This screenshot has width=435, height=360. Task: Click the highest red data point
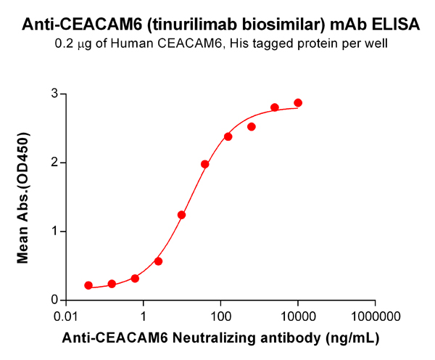298,103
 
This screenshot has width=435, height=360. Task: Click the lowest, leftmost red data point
88,285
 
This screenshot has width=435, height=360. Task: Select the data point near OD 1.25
182,215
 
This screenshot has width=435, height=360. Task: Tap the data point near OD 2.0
205,164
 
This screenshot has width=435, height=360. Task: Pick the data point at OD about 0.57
158,261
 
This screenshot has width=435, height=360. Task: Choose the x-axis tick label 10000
298,317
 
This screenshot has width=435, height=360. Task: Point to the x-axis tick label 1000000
376,317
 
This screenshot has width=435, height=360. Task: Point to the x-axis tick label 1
144,317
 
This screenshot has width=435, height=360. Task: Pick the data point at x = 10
182,215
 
